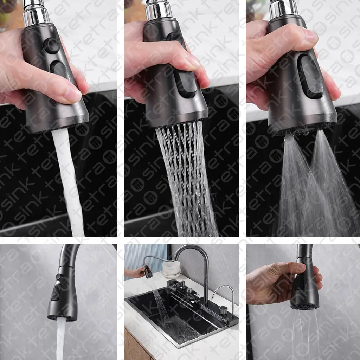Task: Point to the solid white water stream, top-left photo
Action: (68, 181)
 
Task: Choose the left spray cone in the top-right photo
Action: (296, 184)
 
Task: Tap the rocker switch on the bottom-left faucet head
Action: (55, 292)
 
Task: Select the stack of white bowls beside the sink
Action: (171, 269)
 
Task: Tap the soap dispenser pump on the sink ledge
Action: (182, 285)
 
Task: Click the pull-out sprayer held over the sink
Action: (148, 271)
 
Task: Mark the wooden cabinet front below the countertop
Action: (135, 345)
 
